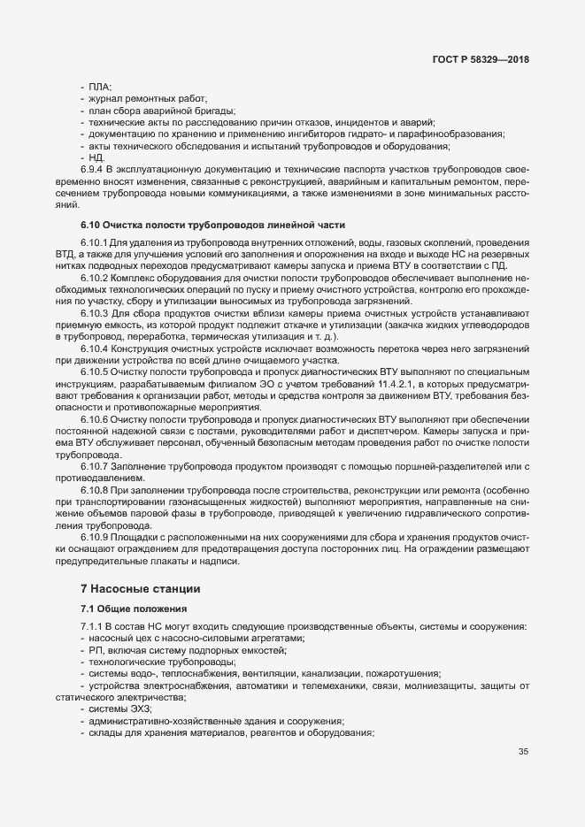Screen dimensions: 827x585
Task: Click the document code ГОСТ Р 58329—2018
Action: pos(482,60)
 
